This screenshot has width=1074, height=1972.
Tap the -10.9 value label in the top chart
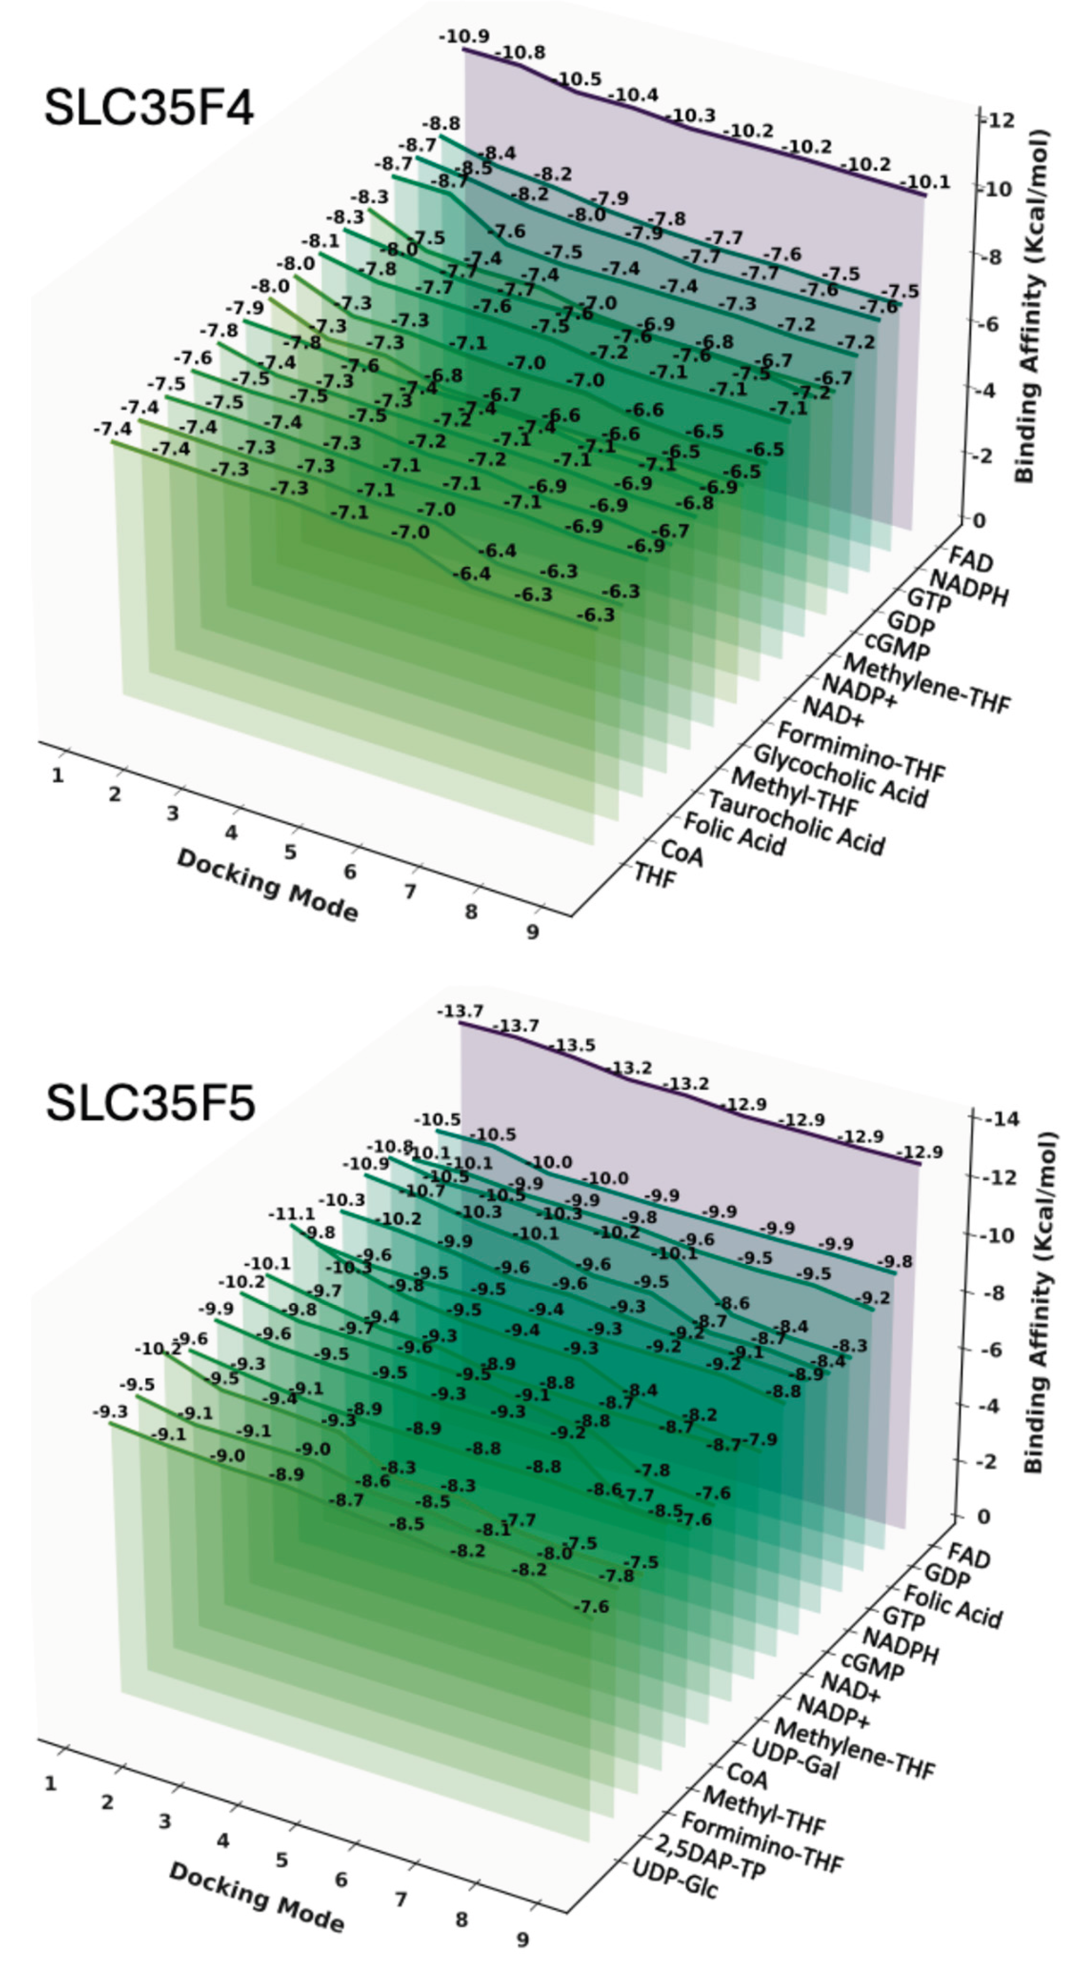point(464,36)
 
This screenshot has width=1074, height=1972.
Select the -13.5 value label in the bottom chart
point(571,1045)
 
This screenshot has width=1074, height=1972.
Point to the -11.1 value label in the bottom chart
point(291,1214)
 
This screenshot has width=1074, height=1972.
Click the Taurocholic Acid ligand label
point(795,822)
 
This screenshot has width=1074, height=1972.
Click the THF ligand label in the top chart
point(654,875)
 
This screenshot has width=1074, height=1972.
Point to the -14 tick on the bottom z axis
point(1000,1119)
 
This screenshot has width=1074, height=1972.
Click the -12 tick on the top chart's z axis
point(999,120)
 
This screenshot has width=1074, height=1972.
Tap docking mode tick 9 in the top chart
point(533,932)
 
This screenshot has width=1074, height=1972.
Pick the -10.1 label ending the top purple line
point(924,182)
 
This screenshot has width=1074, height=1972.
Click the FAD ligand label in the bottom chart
point(968,1555)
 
